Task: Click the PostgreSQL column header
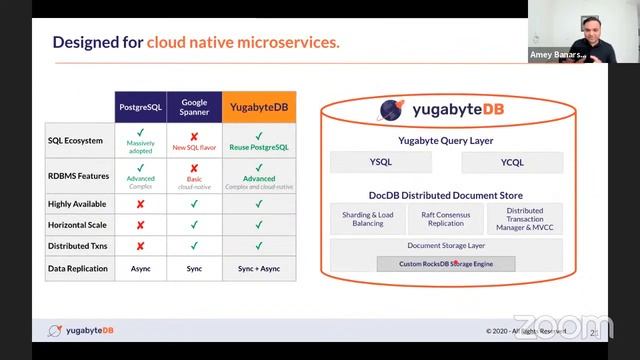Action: point(140,107)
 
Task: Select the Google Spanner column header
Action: point(194,107)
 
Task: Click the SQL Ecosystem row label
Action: point(76,140)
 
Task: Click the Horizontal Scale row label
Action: point(78,224)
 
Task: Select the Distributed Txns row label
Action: point(78,245)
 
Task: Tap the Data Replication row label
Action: point(78,268)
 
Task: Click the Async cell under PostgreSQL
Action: point(140,268)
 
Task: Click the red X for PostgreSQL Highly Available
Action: point(140,203)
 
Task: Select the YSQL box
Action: point(380,162)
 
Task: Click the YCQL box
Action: point(512,162)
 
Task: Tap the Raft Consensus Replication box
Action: point(446,219)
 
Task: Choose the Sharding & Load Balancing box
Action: point(367,219)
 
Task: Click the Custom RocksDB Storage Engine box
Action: point(446,264)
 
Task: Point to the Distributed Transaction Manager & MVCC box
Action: point(525,219)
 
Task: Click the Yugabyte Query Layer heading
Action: point(446,141)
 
